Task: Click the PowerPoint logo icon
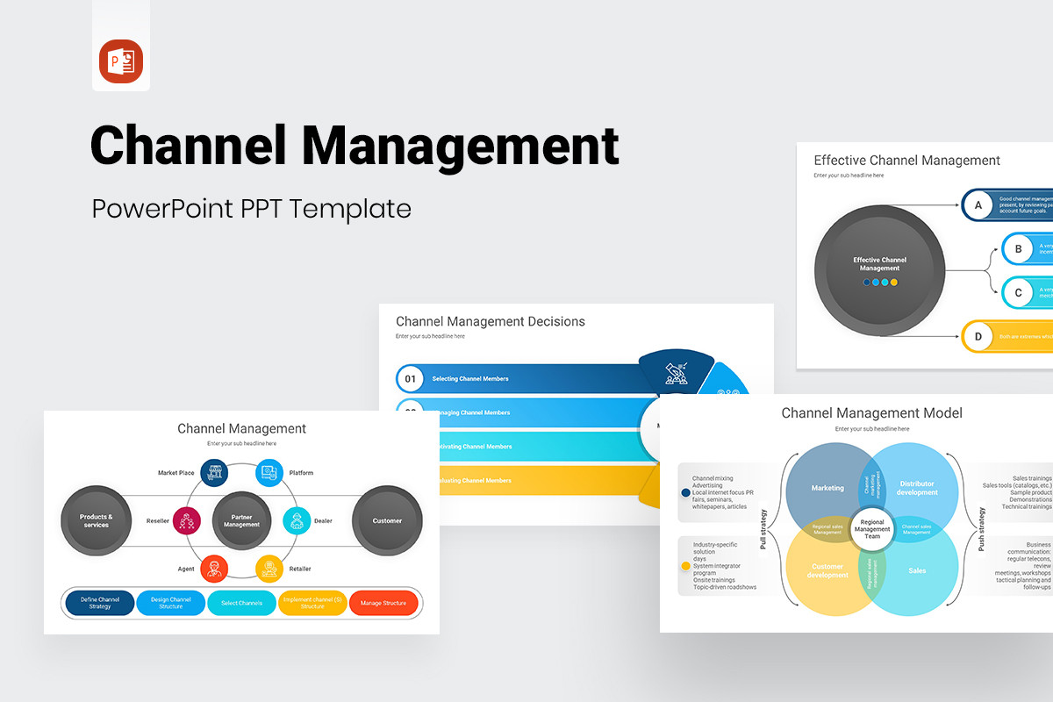point(121,61)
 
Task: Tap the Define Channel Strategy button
point(100,603)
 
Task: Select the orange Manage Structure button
point(383,603)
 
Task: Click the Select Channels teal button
point(241,603)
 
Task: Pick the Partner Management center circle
point(241,520)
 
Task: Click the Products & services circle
point(97,520)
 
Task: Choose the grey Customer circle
point(387,520)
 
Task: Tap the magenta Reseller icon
point(187,520)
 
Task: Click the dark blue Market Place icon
point(214,473)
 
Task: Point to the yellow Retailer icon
point(269,569)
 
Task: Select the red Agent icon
point(214,569)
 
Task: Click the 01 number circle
point(409,378)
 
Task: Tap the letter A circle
point(977,205)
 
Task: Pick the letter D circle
point(977,336)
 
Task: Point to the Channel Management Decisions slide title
point(490,321)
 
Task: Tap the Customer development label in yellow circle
point(827,570)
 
